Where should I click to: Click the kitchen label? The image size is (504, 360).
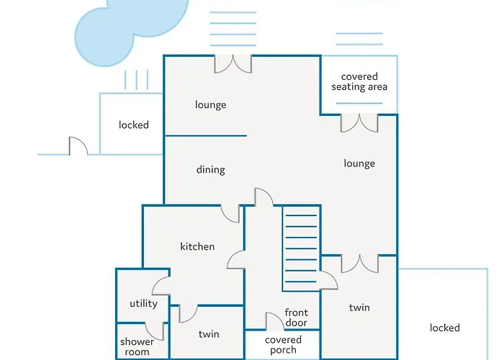click(197, 247)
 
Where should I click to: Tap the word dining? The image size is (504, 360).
click(211, 170)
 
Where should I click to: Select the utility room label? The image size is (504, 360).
click(143, 304)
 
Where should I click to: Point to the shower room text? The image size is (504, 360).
click(137, 347)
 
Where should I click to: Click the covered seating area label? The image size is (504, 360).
click(359, 82)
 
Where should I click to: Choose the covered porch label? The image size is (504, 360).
click(283, 345)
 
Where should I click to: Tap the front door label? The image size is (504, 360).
click(296, 318)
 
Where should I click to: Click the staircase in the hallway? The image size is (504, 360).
click(301, 248)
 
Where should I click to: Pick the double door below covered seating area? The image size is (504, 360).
click(359, 122)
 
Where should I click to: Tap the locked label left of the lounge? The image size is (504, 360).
click(134, 125)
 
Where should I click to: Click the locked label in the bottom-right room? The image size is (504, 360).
click(444, 328)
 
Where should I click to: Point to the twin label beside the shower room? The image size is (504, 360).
click(209, 334)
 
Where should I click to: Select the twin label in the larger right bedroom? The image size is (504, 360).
click(359, 307)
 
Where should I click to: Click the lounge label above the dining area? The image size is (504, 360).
click(211, 105)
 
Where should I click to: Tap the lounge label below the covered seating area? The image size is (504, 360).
click(359, 163)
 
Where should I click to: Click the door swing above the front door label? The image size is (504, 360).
click(274, 321)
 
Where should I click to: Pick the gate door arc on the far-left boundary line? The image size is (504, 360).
click(78, 146)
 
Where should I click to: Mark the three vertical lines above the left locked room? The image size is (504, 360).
click(136, 78)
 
